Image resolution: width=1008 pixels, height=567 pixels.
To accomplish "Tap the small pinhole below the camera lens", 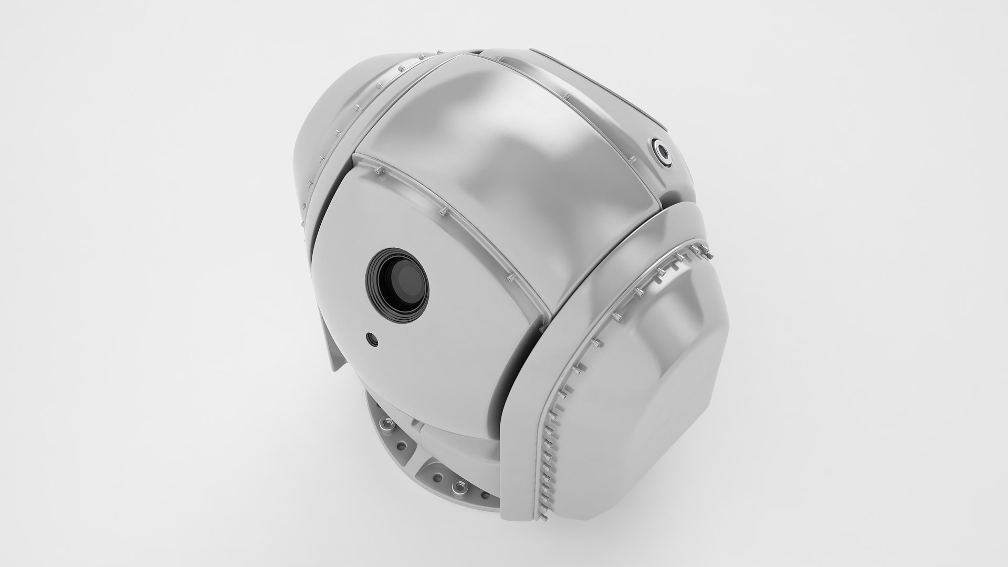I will point(372,340).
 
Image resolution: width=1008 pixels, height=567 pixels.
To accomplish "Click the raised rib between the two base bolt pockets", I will point(420,462).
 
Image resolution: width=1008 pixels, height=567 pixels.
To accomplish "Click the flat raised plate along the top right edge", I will point(598,84).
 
